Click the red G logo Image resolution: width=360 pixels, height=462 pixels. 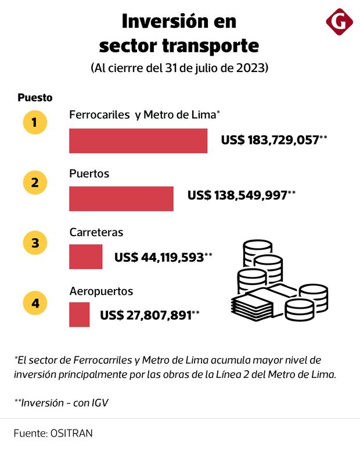coord(340,21)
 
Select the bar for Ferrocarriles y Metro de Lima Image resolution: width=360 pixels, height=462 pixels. coord(138,140)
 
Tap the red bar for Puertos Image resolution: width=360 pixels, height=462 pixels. coord(121,198)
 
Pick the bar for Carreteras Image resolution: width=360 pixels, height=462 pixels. coord(85,257)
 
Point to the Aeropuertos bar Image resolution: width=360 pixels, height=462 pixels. coord(79,315)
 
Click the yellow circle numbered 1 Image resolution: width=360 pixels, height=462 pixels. coord(35,122)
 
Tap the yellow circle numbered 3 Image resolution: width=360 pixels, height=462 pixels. coord(35,243)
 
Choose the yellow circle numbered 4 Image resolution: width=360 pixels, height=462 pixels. coord(35,302)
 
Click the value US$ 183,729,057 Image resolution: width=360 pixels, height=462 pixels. coord(271,140)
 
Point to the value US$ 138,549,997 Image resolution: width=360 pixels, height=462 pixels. coord(237,196)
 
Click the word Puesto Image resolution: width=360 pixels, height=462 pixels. coord(35,98)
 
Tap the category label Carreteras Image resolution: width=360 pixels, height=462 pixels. coord(96,232)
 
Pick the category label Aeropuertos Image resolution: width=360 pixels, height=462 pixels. coord(101,291)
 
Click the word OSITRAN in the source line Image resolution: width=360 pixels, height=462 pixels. coord(71,433)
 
